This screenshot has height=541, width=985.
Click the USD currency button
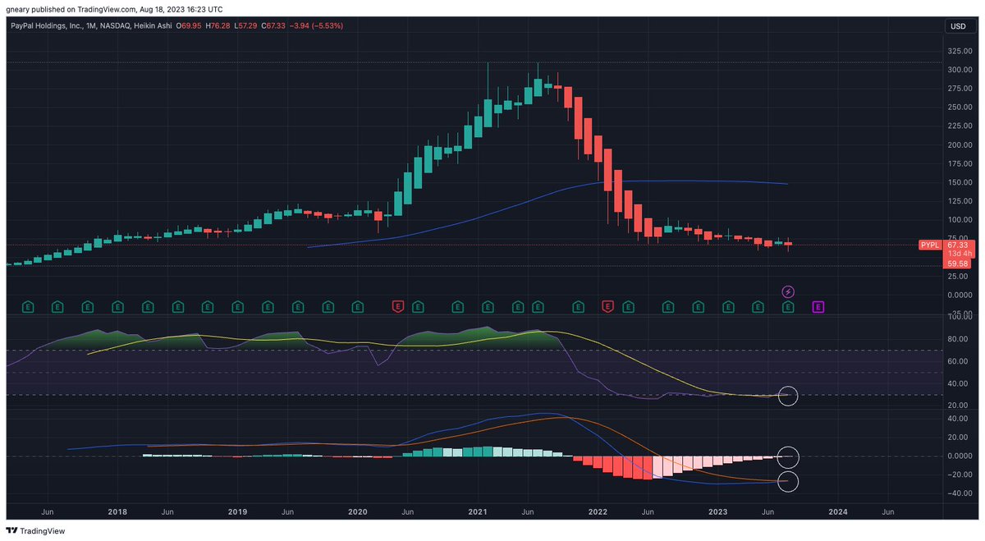point(957,26)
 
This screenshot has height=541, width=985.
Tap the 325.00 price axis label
point(959,51)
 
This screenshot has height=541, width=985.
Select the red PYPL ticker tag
point(929,245)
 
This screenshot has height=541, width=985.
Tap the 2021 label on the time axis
point(478,511)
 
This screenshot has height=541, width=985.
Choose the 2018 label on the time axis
point(117,511)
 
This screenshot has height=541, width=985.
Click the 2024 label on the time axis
point(838,511)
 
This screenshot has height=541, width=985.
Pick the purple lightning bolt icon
point(788,291)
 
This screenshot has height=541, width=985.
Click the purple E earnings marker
point(818,307)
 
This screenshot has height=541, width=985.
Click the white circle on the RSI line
point(788,396)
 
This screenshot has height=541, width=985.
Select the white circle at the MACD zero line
point(788,456)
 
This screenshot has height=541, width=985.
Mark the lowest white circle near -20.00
point(788,481)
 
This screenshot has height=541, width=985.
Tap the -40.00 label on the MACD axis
point(957,493)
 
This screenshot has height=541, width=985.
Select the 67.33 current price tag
point(957,245)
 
